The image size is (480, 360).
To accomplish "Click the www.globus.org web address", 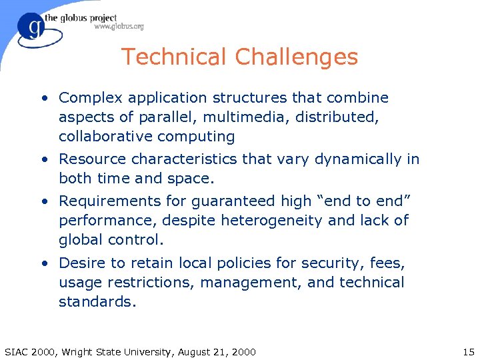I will (x=119, y=27).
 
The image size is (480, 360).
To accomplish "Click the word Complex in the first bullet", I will (x=90, y=98).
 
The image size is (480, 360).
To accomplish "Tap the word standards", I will (x=97, y=302).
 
